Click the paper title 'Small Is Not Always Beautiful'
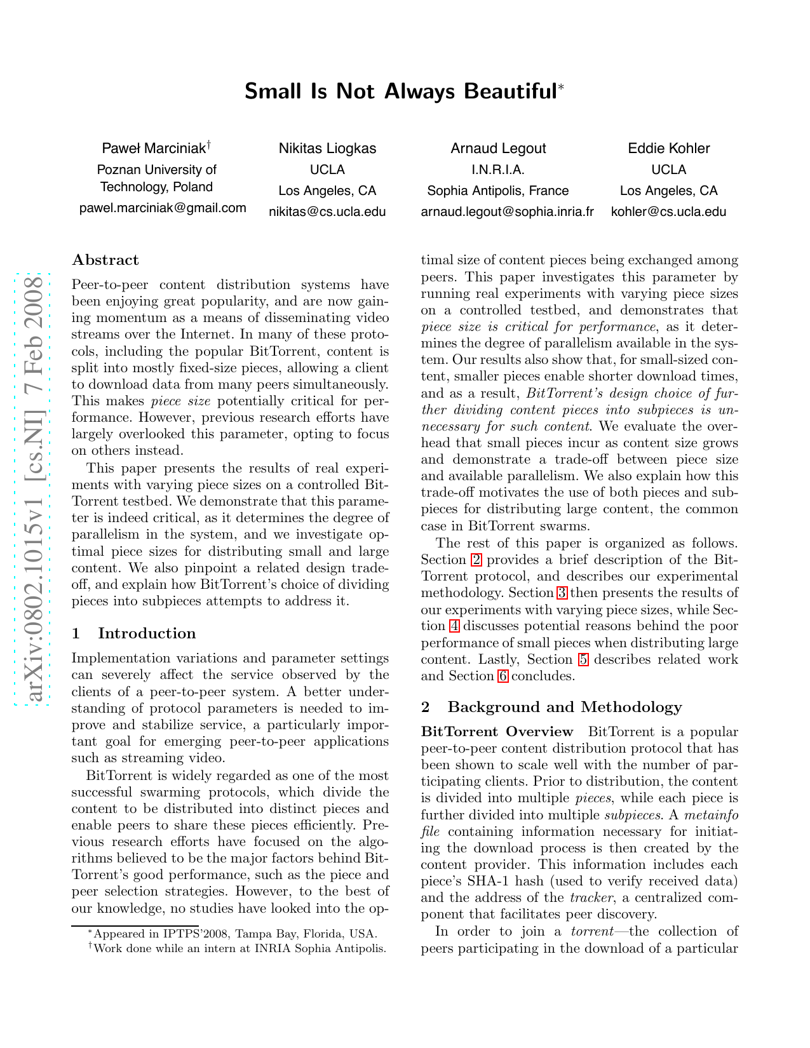tap(401, 91)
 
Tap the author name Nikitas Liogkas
tap(327, 149)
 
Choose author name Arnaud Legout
tap(498, 149)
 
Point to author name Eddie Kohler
tap(668, 149)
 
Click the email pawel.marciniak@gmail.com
tap(163, 208)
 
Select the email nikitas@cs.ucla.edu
tap(327, 212)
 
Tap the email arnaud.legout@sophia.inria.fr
tap(507, 212)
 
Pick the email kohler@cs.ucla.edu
tap(668, 212)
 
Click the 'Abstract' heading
tap(105, 260)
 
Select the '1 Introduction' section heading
tap(134, 633)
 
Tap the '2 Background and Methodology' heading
tap(551, 707)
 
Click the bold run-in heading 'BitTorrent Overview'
tap(497, 732)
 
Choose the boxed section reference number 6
tap(503, 676)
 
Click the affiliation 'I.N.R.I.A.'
tap(498, 170)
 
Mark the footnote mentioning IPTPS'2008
tap(233, 934)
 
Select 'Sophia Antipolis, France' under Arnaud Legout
tap(498, 191)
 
